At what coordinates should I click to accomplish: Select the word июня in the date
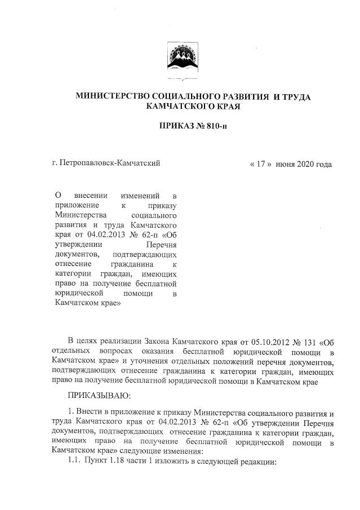[x=286, y=164]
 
